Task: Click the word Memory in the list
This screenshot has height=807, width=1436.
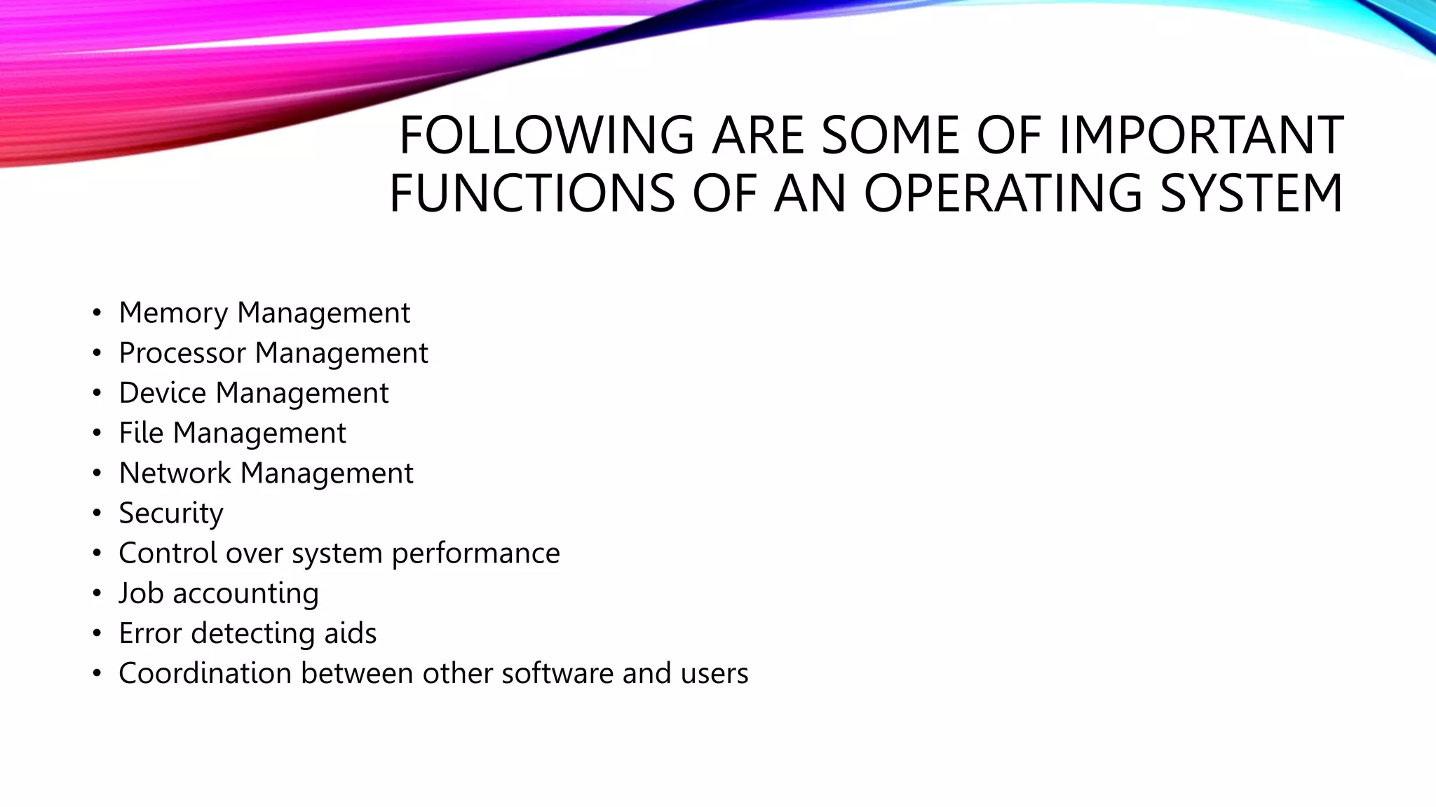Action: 173,313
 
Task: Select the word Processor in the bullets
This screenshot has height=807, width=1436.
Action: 182,353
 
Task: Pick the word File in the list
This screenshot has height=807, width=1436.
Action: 141,433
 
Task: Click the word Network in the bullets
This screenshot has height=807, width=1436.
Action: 175,474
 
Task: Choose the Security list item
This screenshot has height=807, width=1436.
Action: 171,513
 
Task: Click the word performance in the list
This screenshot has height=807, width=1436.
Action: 475,553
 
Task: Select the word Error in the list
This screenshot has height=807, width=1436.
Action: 150,633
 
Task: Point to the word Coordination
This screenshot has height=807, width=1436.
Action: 205,673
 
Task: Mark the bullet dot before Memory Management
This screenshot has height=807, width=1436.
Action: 97,313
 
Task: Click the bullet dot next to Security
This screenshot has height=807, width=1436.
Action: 97,513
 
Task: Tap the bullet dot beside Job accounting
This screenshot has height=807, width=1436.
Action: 97,594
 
